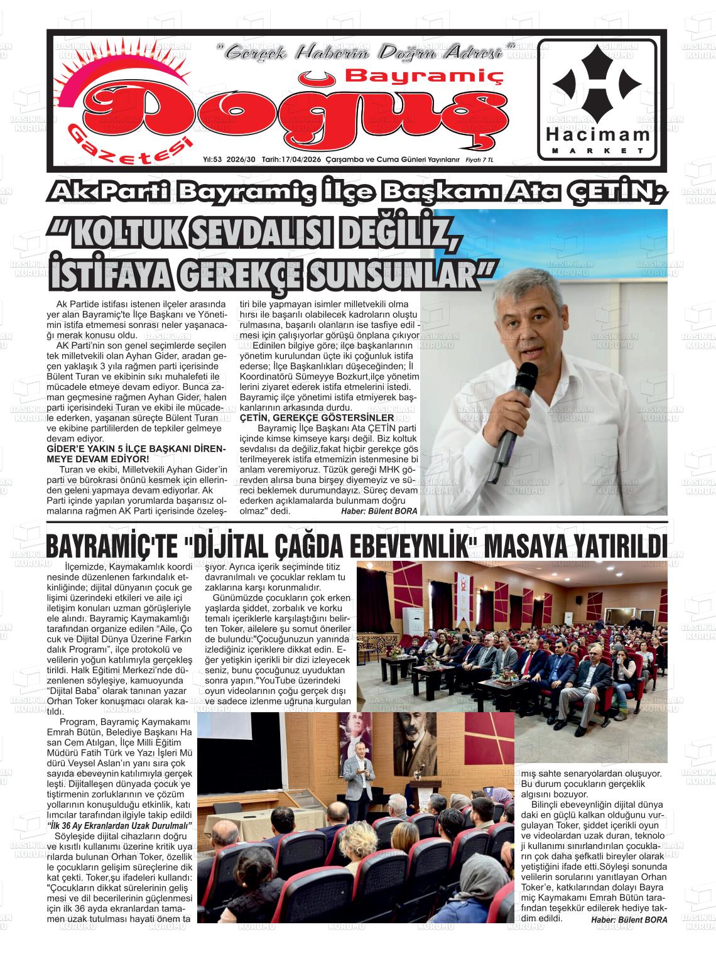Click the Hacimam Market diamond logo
tap(597, 81)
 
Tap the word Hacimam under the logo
tap(597, 134)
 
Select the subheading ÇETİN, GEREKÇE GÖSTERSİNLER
tap(317, 418)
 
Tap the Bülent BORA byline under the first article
tap(378, 511)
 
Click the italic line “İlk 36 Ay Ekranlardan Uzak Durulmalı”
tap(121, 825)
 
